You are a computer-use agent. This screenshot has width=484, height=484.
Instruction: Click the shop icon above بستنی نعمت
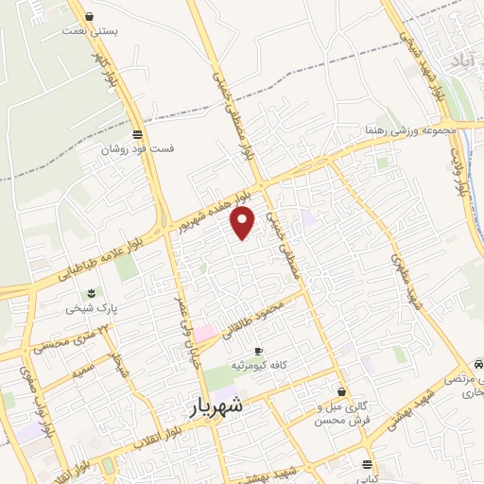[x=89, y=16]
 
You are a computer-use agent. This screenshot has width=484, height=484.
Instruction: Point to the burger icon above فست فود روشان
[x=138, y=134]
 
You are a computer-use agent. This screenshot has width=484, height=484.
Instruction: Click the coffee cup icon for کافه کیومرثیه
[x=258, y=352]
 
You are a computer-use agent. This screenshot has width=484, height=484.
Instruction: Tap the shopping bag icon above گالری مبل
[x=341, y=391]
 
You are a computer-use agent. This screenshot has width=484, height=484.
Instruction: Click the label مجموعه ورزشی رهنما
[x=411, y=130]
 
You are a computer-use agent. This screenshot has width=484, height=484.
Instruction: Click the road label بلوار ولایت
[x=460, y=170]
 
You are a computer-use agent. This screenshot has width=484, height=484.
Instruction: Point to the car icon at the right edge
[x=477, y=363]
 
